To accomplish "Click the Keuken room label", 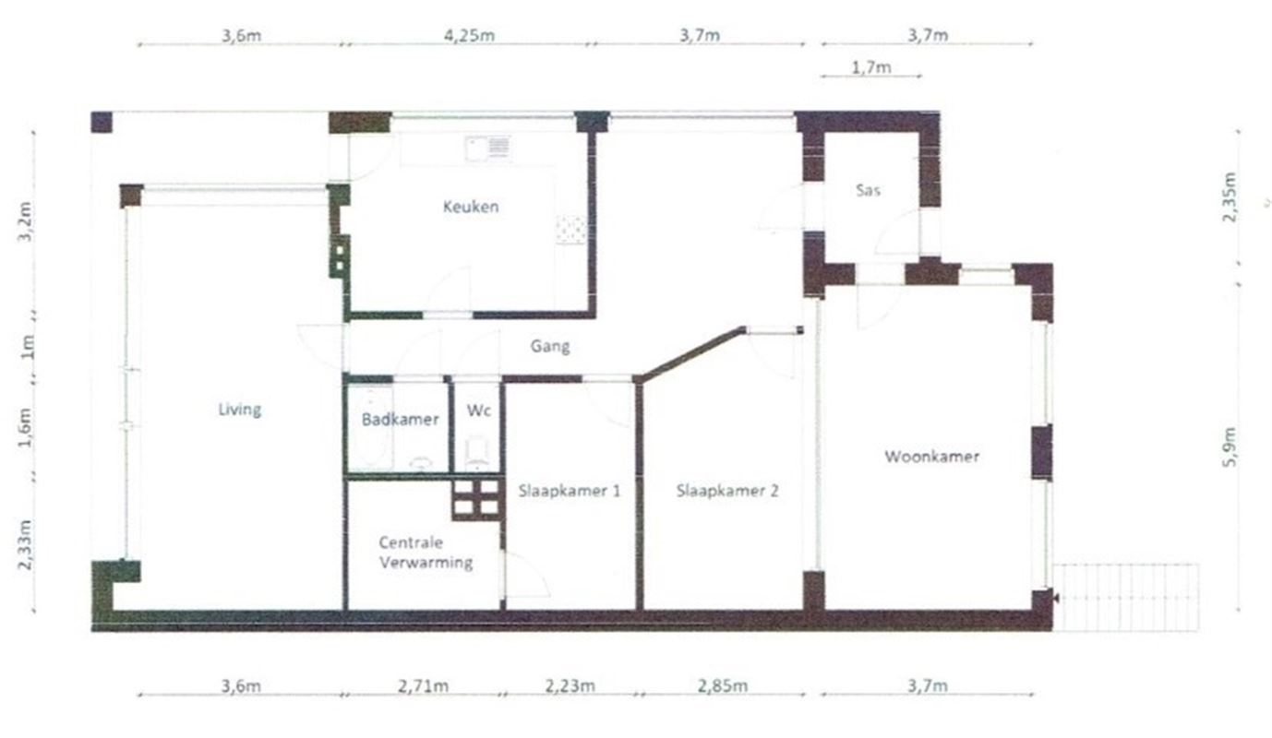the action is click(x=471, y=207).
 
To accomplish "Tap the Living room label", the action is click(x=240, y=410).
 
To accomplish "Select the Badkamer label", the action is click(x=401, y=420).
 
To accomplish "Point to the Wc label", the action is click(x=479, y=411).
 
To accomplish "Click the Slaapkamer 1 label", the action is click(x=570, y=491).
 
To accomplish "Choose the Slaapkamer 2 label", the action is click(x=727, y=491).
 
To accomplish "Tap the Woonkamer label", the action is click(x=932, y=457).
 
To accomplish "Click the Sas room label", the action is click(x=869, y=190).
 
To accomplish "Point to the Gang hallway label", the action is click(x=550, y=346).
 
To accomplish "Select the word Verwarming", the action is click(x=426, y=563).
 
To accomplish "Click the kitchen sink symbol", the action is click(x=487, y=149).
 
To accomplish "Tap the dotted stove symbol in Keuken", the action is click(x=570, y=230).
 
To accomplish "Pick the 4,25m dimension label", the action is click(x=469, y=35).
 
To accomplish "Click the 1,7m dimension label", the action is click(x=871, y=67).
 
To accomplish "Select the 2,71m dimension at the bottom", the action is click(x=423, y=686).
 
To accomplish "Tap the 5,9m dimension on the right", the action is click(x=1229, y=446).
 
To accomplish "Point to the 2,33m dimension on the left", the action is click(x=25, y=544).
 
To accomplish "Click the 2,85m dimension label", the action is click(x=723, y=686).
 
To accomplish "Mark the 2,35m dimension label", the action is click(x=1229, y=197).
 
